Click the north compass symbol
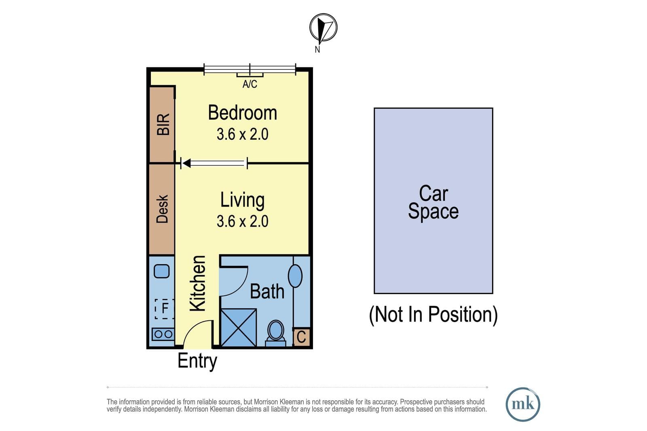tap(323, 28)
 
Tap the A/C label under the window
tap(250, 84)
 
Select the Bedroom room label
tap(243, 113)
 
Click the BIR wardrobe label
tap(163, 124)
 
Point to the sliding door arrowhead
tap(186, 163)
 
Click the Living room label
tap(243, 200)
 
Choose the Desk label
tap(162, 209)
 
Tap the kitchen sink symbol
tap(161, 271)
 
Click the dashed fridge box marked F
tap(164, 309)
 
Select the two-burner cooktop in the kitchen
tap(163, 334)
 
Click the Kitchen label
tap(198, 284)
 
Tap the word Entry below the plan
tap(198, 361)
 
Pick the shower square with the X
tap(239, 328)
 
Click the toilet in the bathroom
tap(275, 333)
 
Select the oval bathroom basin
tap(295, 276)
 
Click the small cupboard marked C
tap(302, 336)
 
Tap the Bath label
tap(267, 292)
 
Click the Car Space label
tap(433, 202)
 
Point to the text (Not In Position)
tap(433, 315)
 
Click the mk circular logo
tap(523, 404)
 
